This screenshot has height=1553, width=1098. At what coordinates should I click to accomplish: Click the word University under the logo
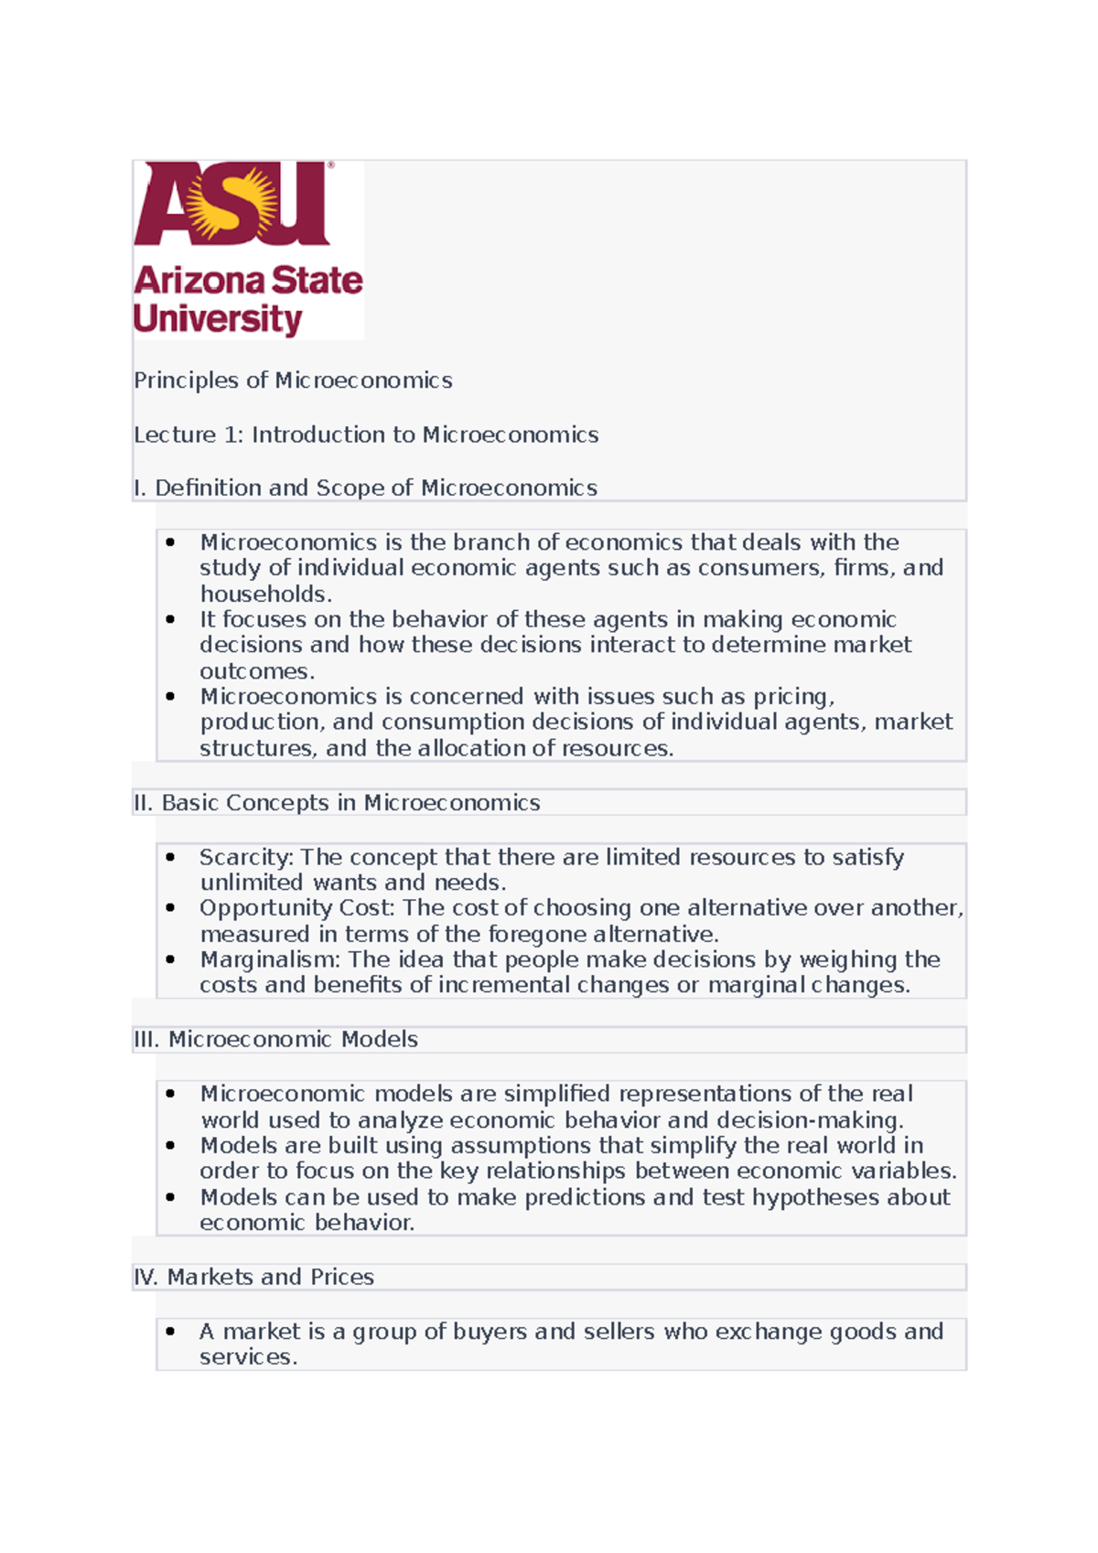click(x=217, y=319)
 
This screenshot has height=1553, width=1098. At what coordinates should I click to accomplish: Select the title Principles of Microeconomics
click(x=293, y=380)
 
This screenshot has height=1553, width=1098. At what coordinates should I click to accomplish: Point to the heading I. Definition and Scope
click(x=365, y=488)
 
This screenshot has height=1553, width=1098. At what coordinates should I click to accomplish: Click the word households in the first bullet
click(x=264, y=594)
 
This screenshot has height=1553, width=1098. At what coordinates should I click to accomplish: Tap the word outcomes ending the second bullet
click(x=254, y=670)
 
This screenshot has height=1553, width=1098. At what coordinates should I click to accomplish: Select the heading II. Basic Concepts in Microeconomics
click(x=337, y=803)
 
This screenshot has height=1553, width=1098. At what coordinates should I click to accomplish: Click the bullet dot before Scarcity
click(x=170, y=857)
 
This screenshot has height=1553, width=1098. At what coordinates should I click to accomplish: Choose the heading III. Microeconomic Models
click(x=275, y=1040)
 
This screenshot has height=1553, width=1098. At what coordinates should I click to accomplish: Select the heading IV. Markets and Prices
click(x=253, y=1277)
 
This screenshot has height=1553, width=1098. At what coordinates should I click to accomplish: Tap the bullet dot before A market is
click(x=170, y=1332)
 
